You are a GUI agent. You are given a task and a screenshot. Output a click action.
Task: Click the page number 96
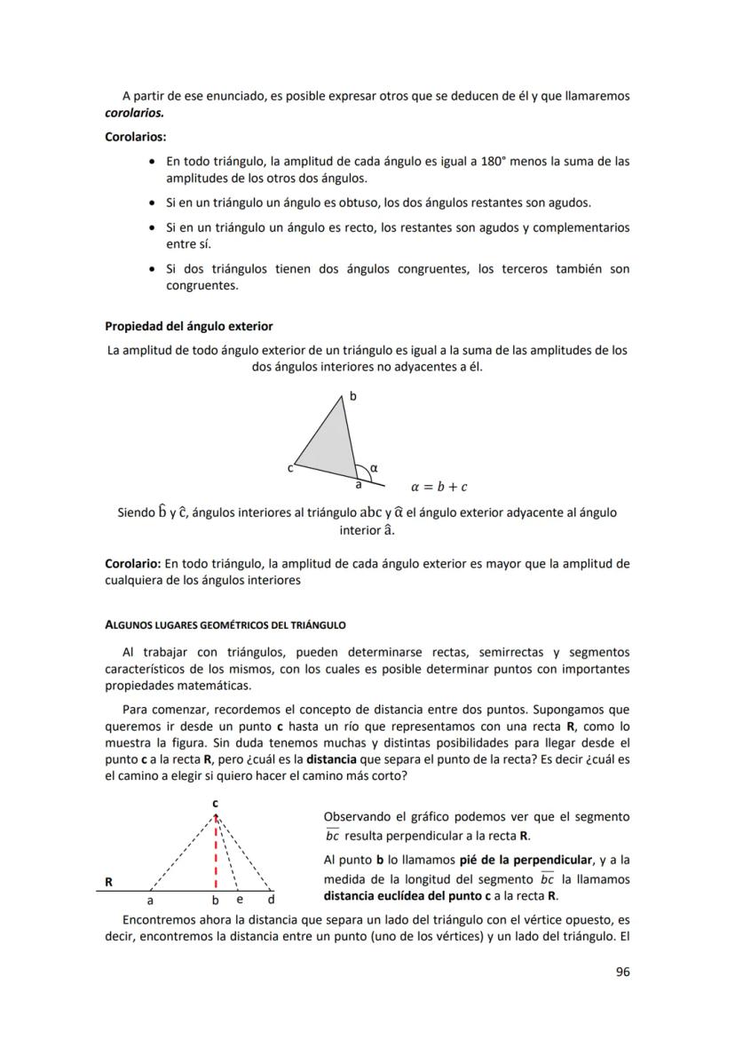coord(622,972)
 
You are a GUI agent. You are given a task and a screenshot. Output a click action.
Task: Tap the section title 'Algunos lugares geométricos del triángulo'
coord(225,624)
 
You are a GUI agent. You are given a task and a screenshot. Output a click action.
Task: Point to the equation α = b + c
coord(439,487)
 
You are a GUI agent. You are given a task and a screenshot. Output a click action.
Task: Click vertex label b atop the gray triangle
coord(352,397)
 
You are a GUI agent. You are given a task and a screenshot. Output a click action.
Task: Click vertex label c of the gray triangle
coord(289,468)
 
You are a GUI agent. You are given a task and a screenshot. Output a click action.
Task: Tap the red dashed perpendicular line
coord(216,853)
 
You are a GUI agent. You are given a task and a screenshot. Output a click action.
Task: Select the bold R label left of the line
coord(108,882)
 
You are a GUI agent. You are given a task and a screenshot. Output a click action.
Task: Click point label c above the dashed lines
coord(215,803)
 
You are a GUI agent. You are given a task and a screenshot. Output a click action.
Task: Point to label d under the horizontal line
coord(271,900)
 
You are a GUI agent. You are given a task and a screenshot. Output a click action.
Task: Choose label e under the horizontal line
coord(239,900)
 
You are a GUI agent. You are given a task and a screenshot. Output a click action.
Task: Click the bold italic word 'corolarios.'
coord(137,114)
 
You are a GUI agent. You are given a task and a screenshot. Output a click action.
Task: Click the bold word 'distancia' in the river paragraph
coord(336,759)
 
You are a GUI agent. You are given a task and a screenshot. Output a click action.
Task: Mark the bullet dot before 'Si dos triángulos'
coord(155,269)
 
